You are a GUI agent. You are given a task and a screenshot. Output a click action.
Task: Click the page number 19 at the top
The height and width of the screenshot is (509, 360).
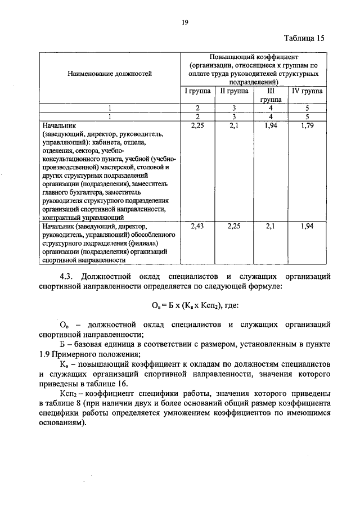pyautogui.click(x=184, y=22)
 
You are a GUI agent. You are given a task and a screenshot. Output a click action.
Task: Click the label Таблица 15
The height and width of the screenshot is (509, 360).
pyautogui.click(x=304, y=38)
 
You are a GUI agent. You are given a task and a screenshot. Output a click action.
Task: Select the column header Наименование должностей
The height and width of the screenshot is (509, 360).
pyautogui.click(x=110, y=73)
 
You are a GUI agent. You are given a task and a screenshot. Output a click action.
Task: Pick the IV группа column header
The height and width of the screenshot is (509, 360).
pyautogui.click(x=307, y=90)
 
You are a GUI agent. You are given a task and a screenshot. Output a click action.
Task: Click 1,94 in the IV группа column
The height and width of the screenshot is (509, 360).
pyautogui.click(x=307, y=226)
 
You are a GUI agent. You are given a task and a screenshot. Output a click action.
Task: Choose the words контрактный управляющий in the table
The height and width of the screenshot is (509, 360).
pyautogui.click(x=82, y=217)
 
